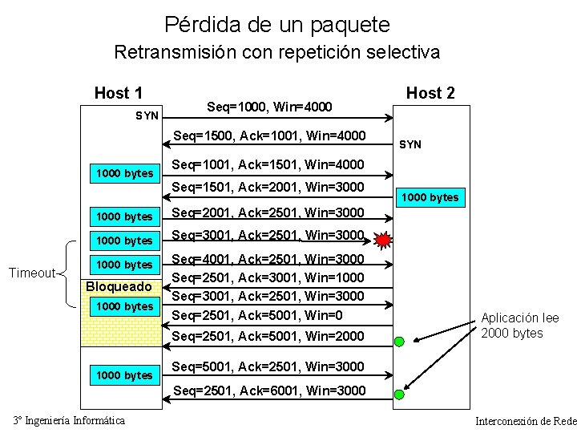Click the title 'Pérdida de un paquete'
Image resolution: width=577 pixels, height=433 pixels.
pos(277,24)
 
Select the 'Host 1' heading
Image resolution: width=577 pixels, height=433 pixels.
pos(119,92)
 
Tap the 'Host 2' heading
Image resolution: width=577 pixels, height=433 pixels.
pos(430,92)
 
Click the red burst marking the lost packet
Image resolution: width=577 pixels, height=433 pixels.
pos(384,238)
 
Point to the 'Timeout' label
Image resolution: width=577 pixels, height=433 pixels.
pos(31,273)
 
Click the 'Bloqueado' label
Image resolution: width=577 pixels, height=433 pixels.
pos(119,287)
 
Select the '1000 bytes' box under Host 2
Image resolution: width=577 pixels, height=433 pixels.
pos(430,197)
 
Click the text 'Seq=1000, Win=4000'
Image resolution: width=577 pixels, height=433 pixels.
pos(269,107)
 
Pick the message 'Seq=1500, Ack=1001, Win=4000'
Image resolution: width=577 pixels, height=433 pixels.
pos(269,136)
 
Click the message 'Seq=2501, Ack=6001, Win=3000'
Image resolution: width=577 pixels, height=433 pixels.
pos(269,391)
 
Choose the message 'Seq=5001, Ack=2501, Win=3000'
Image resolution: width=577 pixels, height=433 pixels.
pos(269,366)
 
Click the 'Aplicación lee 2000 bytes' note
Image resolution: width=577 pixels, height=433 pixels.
pos(520,326)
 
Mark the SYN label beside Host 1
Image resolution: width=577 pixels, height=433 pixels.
pos(147,115)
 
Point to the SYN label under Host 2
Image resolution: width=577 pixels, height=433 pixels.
pos(410,144)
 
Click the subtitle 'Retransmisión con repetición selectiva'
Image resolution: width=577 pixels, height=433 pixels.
pos(277,53)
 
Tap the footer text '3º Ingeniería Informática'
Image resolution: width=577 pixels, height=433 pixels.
pos(69,421)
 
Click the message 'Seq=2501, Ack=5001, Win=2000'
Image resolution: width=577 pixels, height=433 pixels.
pos(269,336)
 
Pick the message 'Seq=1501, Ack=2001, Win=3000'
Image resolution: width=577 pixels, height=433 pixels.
pos(269,188)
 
